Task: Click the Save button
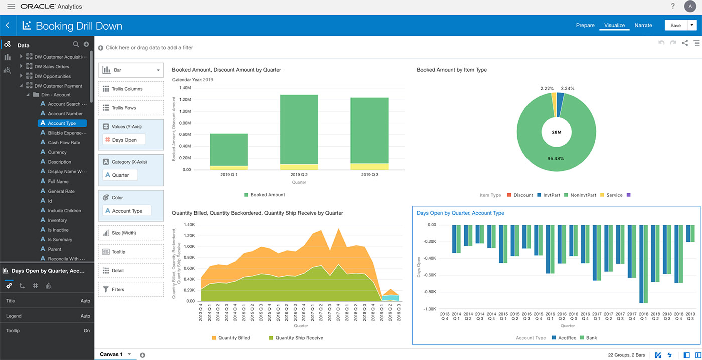tap(675, 25)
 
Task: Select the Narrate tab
tap(643, 25)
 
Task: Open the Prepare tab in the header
tap(585, 25)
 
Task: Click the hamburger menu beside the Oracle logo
tap(11, 7)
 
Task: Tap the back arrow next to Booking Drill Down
tap(8, 25)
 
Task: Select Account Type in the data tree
tap(62, 123)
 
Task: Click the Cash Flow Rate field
tap(64, 143)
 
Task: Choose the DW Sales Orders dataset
tap(52, 66)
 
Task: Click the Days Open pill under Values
tap(124, 140)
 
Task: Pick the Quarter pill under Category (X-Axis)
tap(120, 175)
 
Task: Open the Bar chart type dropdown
tap(131, 70)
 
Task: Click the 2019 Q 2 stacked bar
tap(299, 130)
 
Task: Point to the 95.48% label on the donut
tap(556, 159)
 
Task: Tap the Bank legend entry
tap(591, 338)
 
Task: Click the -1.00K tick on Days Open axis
tap(429, 309)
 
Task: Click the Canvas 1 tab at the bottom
tap(111, 354)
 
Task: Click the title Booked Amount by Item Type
tap(451, 70)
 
